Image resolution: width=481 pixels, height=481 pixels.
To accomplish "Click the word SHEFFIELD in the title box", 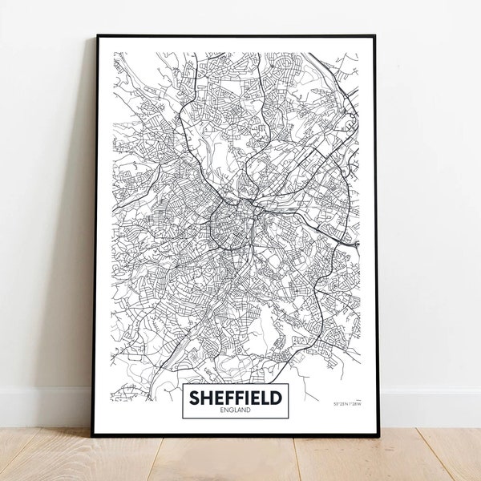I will click(235, 397).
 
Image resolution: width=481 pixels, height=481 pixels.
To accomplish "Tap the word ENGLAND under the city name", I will click(235, 410).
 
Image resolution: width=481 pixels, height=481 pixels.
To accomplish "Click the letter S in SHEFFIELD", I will click(195, 397).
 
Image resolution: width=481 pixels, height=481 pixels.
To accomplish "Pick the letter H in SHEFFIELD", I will click(206, 397).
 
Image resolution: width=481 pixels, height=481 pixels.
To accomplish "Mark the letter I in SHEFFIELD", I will click(244, 397).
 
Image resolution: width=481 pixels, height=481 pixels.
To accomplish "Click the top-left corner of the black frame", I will click(97, 36).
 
